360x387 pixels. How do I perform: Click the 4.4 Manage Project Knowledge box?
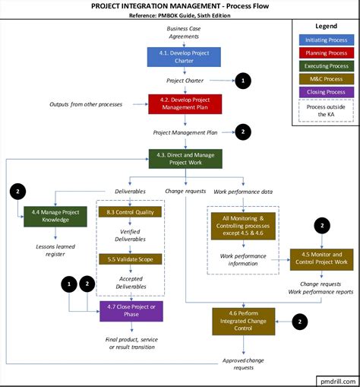(x=51, y=215)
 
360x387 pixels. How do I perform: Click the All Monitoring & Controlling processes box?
(x=244, y=227)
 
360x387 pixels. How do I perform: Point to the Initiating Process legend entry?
(x=326, y=39)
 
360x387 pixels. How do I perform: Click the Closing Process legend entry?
(x=326, y=91)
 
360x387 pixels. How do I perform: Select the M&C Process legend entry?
(x=326, y=78)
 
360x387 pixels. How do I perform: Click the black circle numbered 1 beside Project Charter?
(x=242, y=80)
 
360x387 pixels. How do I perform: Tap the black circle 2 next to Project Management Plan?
(x=242, y=132)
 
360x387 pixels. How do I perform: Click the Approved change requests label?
(x=244, y=363)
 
